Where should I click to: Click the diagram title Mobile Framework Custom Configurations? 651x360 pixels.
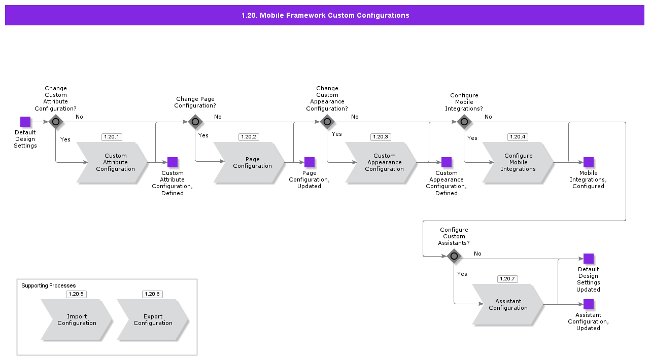pos(325,15)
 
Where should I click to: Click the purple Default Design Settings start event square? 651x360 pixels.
pos(25,122)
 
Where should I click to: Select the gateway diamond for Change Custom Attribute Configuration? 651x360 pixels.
pos(56,122)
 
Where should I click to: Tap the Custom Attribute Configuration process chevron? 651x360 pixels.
pos(113,162)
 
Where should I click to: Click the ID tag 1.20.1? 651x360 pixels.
pos(112,137)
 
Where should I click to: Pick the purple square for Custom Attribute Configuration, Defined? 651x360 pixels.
pos(173,162)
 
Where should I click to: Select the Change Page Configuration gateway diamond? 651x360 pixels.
pos(195,122)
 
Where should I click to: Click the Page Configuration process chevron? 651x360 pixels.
pos(250,162)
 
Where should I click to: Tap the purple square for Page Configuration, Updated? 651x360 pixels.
pos(310,162)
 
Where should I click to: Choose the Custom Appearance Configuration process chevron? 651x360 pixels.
pos(382,162)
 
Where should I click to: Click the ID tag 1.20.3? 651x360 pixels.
pos(381,137)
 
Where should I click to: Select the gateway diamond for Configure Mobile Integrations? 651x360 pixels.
pos(464,122)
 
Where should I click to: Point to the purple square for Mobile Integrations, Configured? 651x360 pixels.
pos(589,162)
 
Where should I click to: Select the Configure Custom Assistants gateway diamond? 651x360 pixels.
pos(454,256)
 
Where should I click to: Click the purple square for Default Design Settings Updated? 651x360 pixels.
pos(589,259)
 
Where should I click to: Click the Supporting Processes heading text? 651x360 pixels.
pos(49,286)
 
